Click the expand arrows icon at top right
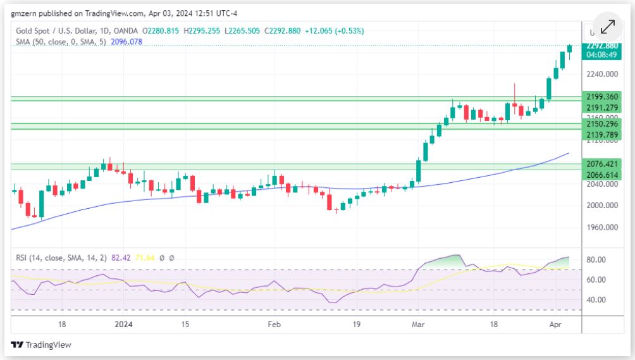pos(607,27)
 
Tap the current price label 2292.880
pos(602,46)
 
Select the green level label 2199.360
pos(602,96)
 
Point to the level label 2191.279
pos(602,108)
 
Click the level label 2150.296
pos(602,124)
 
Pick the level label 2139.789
pos(602,135)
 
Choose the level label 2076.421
pos(602,163)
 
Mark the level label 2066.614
pos(602,174)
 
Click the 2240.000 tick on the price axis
pos(602,74)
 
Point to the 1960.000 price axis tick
pos(602,227)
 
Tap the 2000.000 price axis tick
pos(602,206)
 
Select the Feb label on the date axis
pos(274,324)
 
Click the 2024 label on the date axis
pos(123,324)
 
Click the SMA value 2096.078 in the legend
pos(127,42)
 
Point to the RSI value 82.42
pos(120,258)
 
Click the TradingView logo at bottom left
pos(41,345)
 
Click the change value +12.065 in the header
pos(317,30)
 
